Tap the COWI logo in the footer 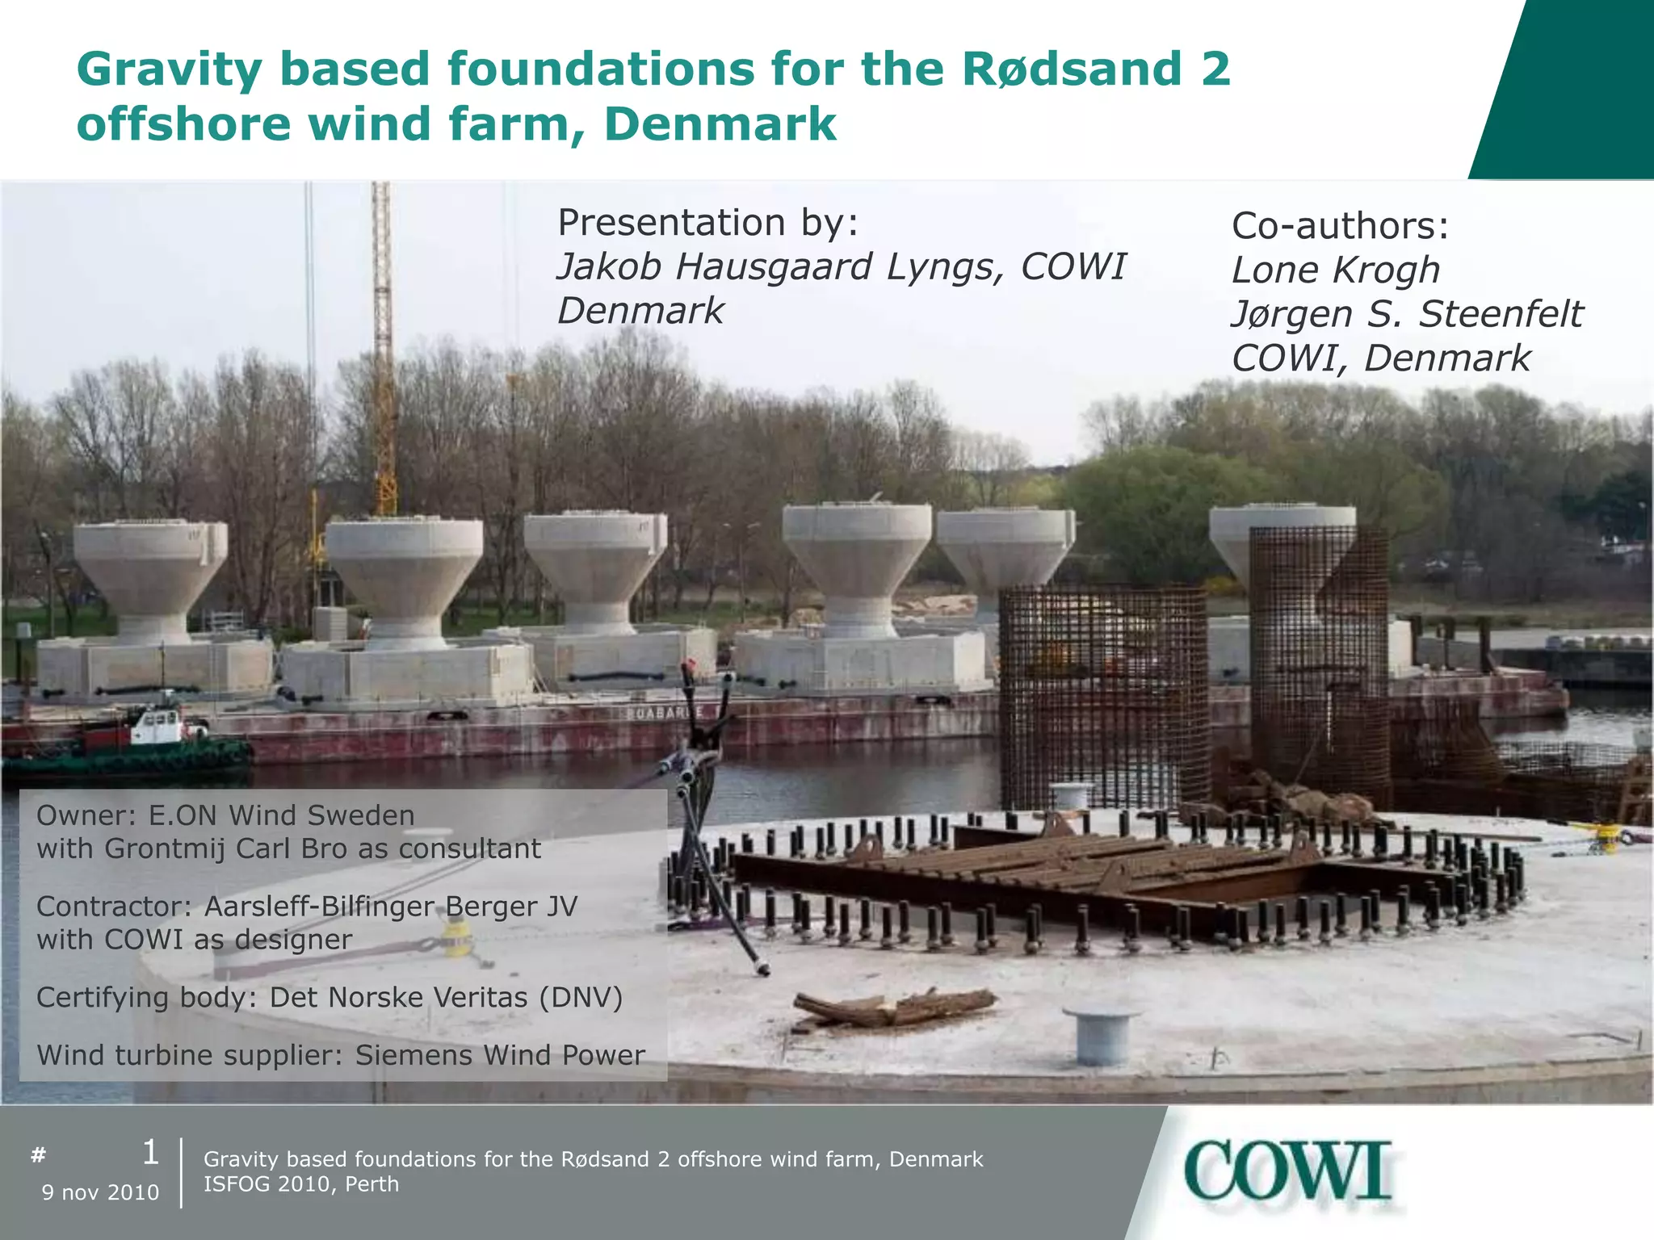[1287, 1171]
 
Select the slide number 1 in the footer [150, 1153]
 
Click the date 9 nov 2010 [100, 1192]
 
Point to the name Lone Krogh [1335, 270]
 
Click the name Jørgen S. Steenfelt [1406, 315]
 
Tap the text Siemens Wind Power [500, 1055]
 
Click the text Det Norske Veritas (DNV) [446, 998]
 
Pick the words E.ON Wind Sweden [281, 815]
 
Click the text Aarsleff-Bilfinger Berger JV [391, 907]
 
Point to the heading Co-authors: [1340, 226]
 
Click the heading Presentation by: [707, 223]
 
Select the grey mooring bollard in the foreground [1101, 1034]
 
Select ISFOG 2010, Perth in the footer [301, 1184]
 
